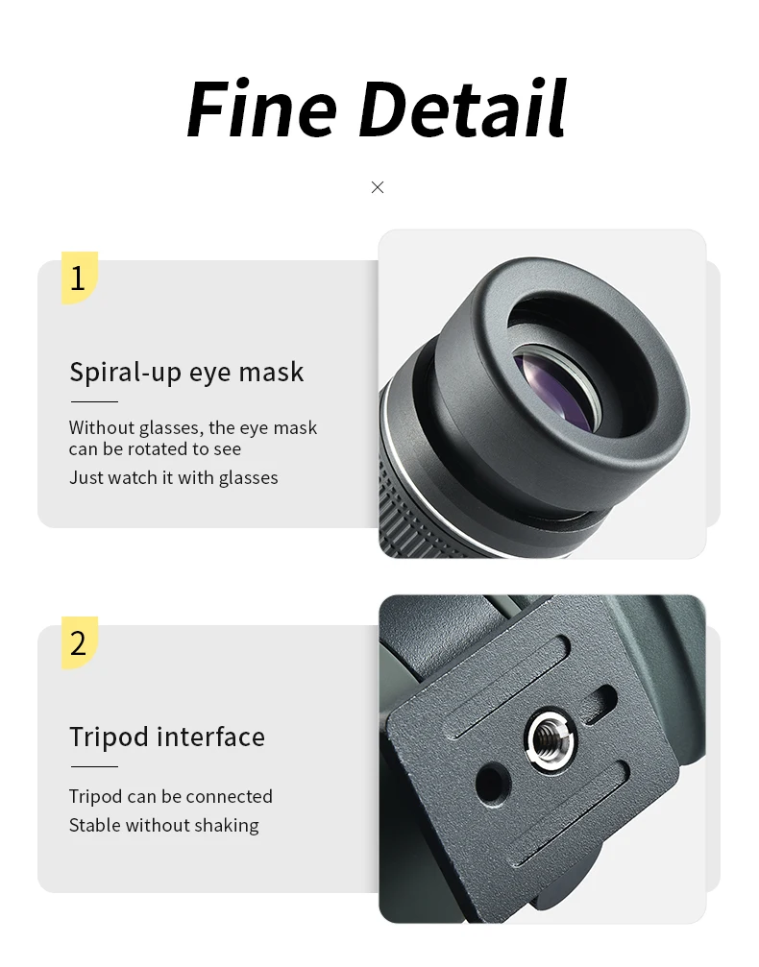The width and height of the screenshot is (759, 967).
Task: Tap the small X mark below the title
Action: point(378,187)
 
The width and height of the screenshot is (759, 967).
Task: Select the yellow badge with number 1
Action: point(80,278)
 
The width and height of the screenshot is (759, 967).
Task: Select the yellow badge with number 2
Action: point(80,642)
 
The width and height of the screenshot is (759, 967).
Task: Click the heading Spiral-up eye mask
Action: point(186,373)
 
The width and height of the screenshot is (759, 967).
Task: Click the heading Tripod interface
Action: point(166,737)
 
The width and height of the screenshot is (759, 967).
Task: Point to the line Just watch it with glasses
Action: point(173,478)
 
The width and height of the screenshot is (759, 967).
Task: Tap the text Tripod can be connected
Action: point(170,796)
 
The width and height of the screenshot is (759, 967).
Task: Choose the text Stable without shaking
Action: point(163,825)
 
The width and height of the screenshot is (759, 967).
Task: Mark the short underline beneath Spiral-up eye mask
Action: point(94,401)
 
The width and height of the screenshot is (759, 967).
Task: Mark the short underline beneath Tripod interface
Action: point(94,766)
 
